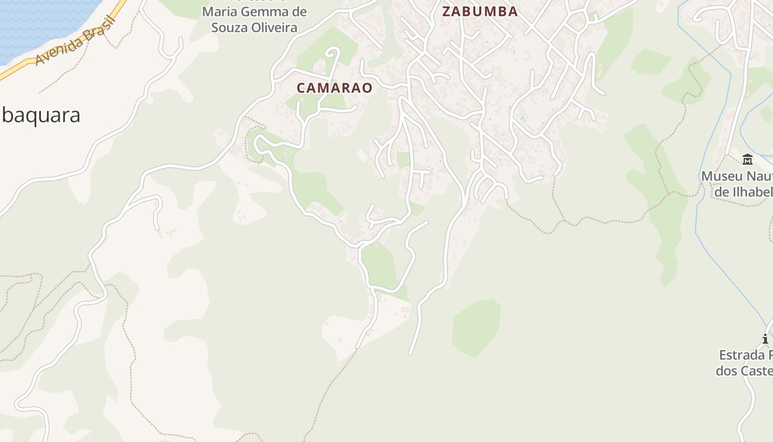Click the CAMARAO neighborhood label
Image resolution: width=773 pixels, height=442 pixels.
335,88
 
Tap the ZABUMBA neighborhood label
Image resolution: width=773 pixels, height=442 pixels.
480,12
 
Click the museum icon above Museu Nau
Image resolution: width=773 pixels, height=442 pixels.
748,160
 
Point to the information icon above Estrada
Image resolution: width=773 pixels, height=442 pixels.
765,339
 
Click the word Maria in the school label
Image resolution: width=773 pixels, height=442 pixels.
218,12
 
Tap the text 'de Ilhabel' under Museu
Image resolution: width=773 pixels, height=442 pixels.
743,192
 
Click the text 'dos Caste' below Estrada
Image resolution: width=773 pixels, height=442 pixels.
744,370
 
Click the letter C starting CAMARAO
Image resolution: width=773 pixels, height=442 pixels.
301,88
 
